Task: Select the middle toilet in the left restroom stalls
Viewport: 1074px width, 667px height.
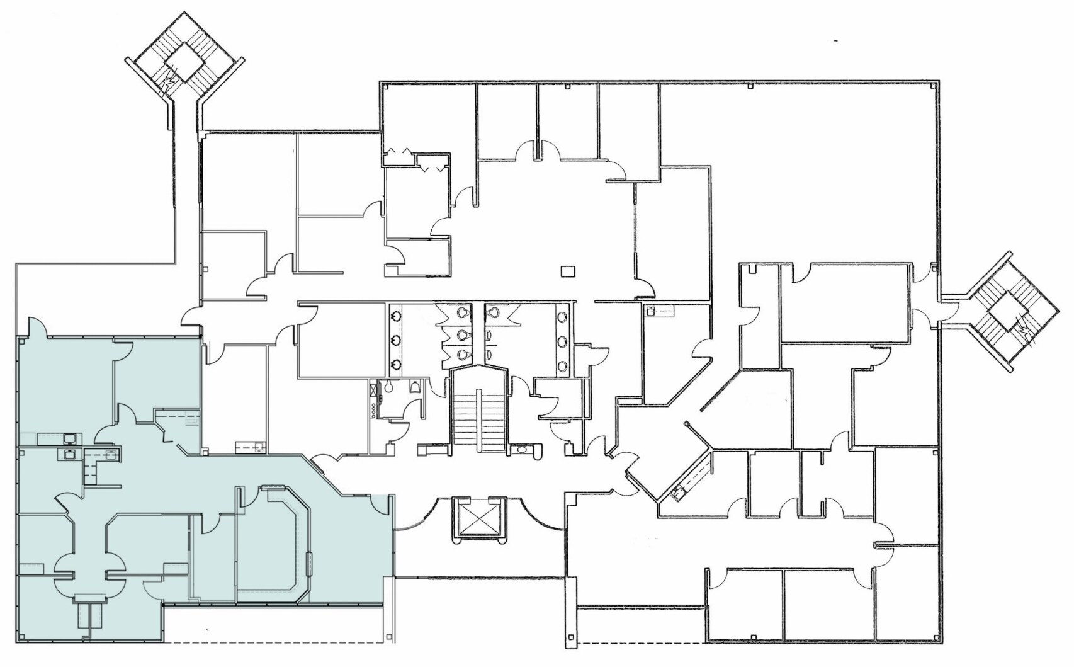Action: pyautogui.click(x=463, y=334)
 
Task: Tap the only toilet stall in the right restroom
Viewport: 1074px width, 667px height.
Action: pyautogui.click(x=494, y=312)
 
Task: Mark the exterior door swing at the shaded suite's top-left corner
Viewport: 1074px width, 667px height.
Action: pyautogui.click(x=36, y=326)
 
